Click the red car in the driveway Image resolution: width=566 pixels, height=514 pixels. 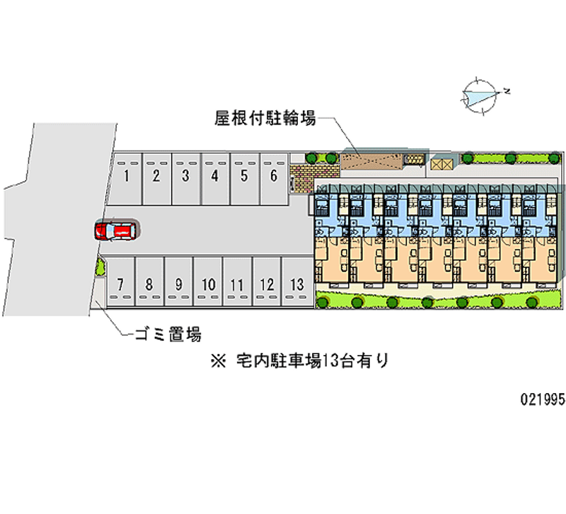116,230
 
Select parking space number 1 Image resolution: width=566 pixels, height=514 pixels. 126,177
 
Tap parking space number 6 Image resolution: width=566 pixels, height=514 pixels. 273,177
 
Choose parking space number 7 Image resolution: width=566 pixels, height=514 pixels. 120,285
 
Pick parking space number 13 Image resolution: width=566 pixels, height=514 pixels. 297,285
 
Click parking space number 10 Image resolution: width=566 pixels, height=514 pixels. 208,285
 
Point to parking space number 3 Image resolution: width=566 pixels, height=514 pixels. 185,177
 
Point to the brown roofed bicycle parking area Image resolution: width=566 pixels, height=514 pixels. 371,160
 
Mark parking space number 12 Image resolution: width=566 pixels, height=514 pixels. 267,285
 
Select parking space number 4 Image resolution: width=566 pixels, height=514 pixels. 214,177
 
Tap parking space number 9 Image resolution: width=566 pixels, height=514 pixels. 179,285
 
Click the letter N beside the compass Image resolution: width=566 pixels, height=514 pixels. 507,91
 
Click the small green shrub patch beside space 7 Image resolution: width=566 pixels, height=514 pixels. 100,268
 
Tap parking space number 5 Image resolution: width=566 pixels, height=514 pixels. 244,177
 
